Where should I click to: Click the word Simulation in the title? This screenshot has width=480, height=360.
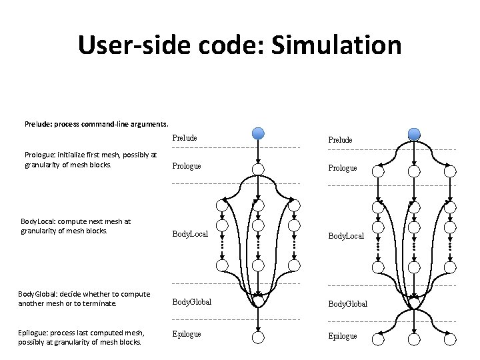[335, 45]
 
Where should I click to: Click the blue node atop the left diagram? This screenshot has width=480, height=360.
[259, 133]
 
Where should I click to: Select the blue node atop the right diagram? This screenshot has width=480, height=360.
[414, 133]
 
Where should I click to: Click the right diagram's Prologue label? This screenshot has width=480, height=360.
[342, 169]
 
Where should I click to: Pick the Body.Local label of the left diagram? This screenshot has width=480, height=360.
[191, 234]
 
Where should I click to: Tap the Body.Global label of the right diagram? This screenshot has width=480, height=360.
[347, 303]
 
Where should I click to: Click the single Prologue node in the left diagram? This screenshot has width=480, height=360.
[259, 169]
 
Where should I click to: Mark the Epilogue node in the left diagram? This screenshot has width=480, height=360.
[259, 337]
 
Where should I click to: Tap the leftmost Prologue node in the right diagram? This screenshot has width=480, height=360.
[378, 171]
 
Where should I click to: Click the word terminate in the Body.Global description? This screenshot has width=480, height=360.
[100, 303]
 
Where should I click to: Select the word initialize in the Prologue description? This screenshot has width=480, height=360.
[72, 155]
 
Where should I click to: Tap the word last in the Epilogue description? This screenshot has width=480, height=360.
[83, 333]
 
